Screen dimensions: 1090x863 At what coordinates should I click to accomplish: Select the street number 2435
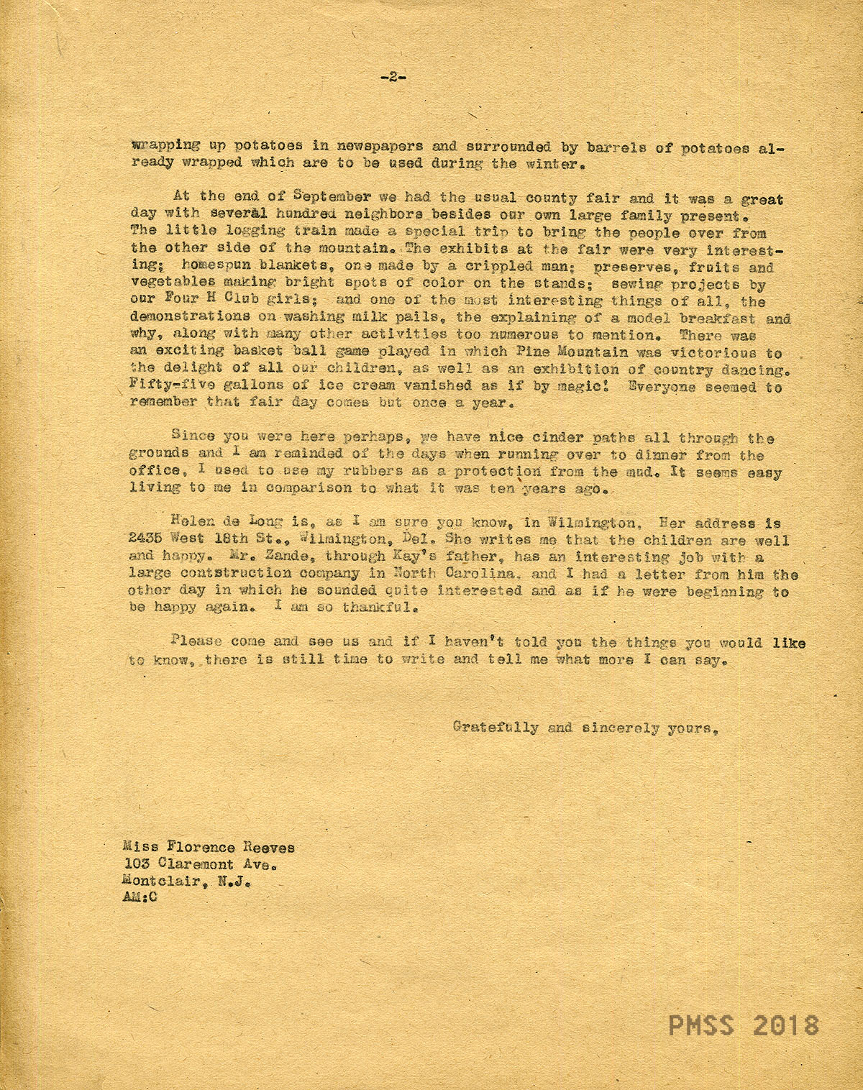tap(147, 539)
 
